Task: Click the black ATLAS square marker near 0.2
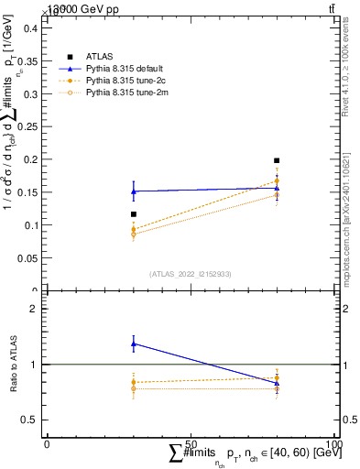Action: coord(277,160)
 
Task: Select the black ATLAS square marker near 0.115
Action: coord(134,214)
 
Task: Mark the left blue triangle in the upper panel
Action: coord(134,191)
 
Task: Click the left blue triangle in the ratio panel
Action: coord(134,344)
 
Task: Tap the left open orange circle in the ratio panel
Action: coord(134,388)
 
